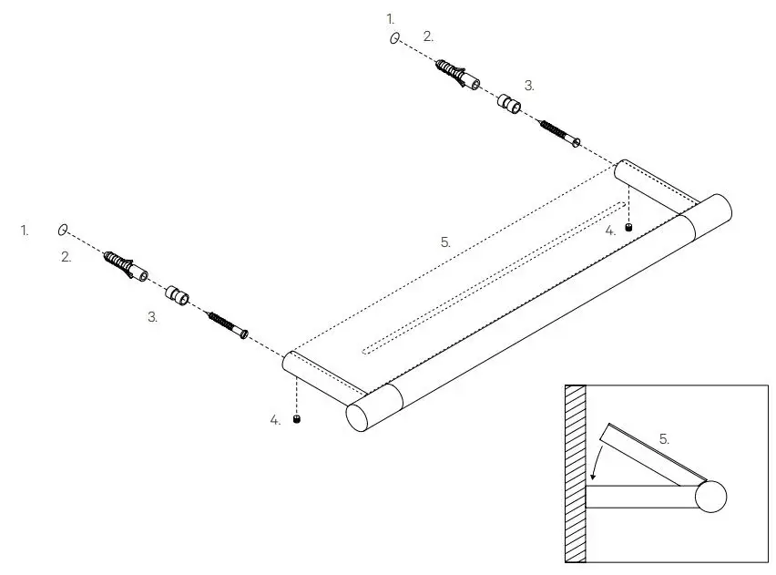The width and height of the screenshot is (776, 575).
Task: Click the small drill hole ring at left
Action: [x=63, y=229]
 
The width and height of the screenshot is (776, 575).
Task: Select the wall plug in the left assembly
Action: [x=126, y=265]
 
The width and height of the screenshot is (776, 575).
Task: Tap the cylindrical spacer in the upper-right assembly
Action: [x=510, y=103]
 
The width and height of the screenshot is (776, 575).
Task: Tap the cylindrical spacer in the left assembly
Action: [x=177, y=294]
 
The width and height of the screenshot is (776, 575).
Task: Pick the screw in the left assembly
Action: [x=229, y=323]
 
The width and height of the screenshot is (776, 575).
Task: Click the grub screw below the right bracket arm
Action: [x=628, y=226]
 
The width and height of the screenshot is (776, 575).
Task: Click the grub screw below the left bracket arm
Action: [x=297, y=420]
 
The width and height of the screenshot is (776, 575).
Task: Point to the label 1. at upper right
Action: [x=392, y=18]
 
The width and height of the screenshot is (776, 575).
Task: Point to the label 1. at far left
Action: [x=26, y=231]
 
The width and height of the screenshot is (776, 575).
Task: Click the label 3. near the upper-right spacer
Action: [x=529, y=86]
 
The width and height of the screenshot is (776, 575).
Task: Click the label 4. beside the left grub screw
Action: [x=275, y=420]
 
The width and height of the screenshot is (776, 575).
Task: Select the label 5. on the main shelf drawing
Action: [x=445, y=242]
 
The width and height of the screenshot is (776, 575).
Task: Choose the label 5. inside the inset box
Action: [x=665, y=438]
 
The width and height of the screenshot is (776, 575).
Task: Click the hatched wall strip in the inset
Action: [x=575, y=474]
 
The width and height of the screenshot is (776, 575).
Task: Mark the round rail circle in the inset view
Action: [x=712, y=497]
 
